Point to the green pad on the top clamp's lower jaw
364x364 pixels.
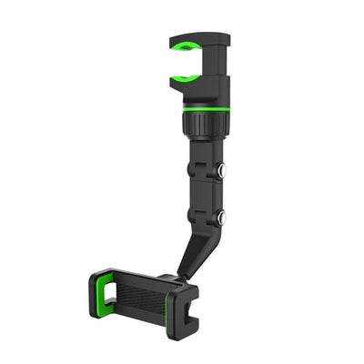186,76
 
